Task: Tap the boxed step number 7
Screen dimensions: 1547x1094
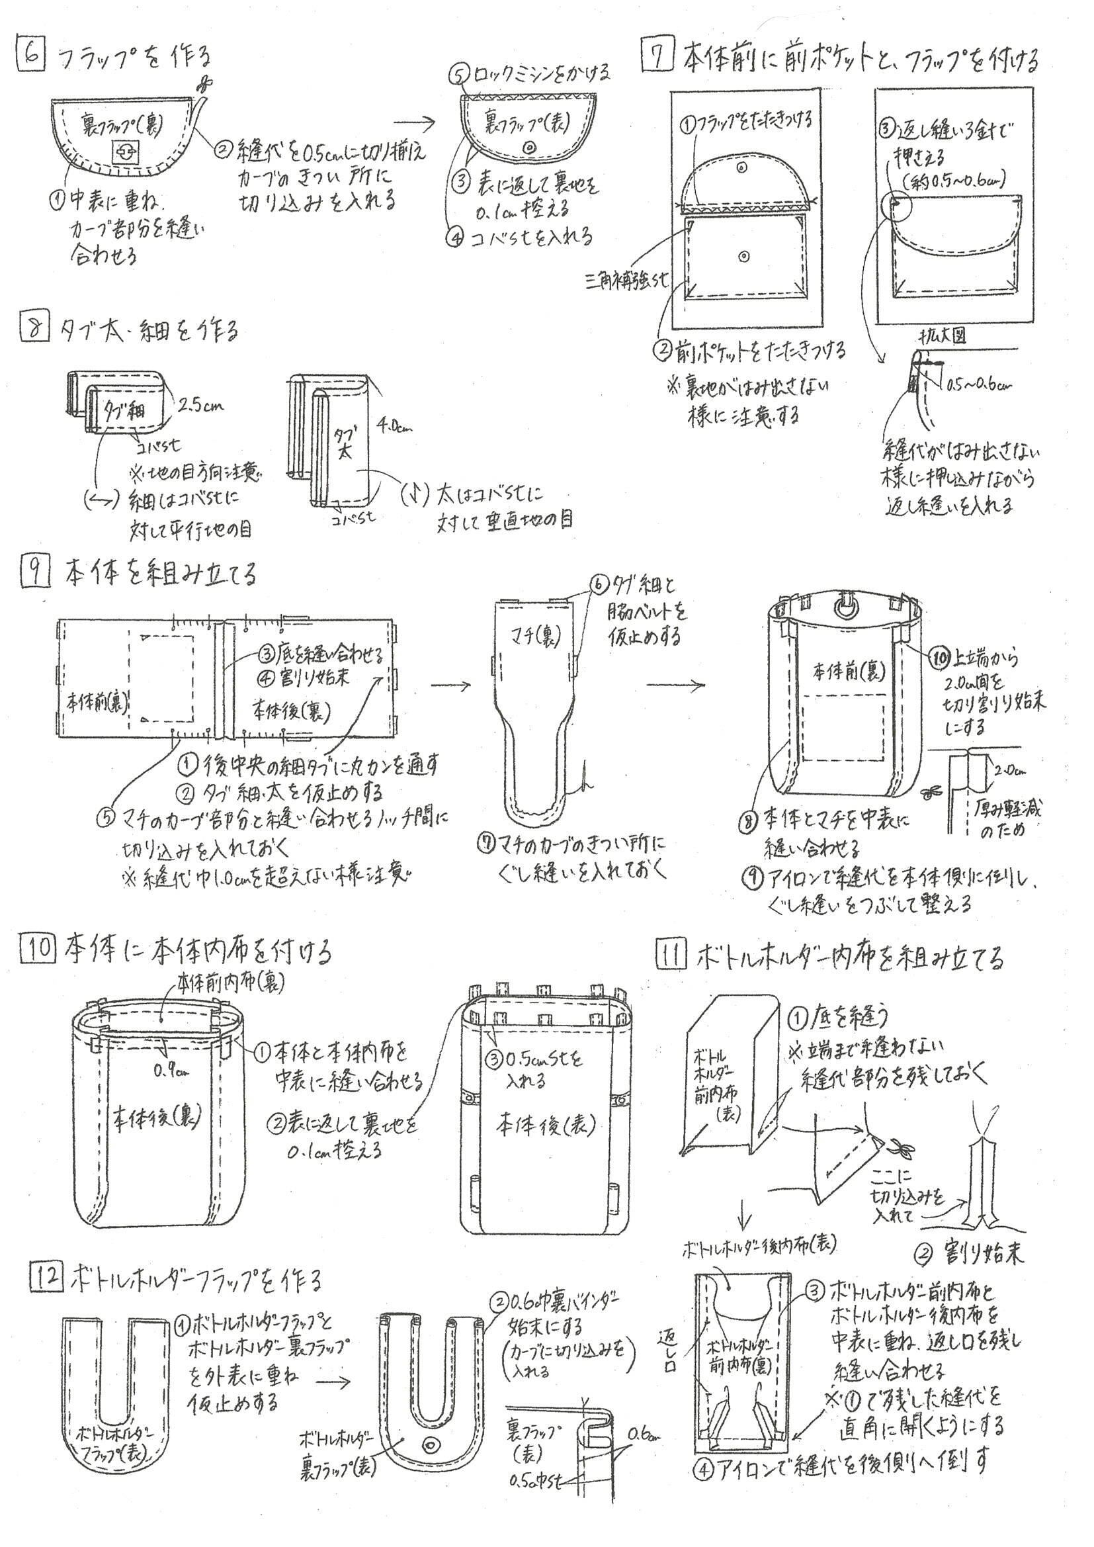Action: pos(657,58)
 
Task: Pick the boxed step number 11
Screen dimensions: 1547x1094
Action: pos(671,956)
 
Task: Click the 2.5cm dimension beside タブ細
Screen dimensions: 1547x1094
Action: pos(202,405)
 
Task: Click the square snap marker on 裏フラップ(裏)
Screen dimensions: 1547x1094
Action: pos(123,151)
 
